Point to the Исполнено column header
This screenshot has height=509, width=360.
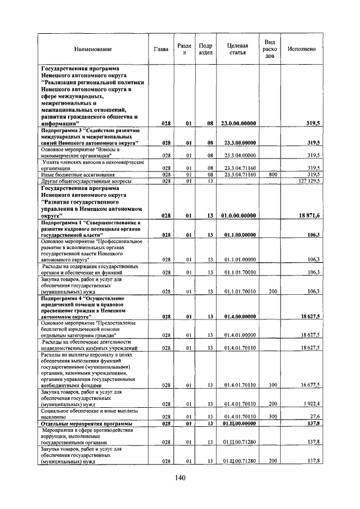[301, 49]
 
